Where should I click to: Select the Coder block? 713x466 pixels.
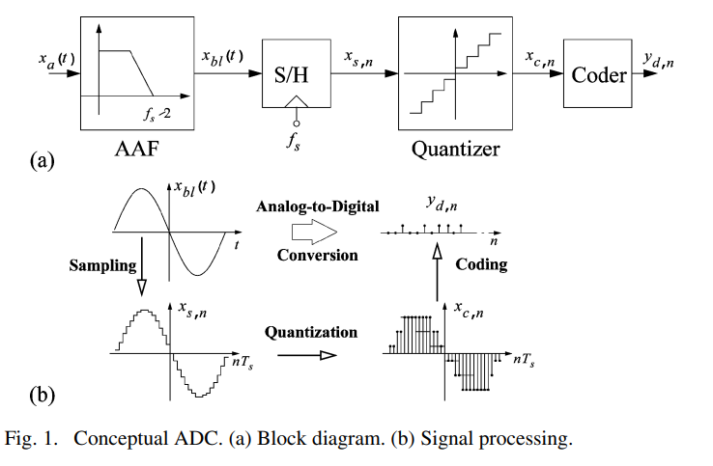[x=599, y=73]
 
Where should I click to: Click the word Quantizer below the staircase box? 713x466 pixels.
[x=455, y=150]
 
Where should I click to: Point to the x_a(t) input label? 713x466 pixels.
[x=52, y=60]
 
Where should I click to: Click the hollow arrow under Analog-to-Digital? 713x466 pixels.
[x=315, y=232]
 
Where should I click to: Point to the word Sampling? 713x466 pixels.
[x=100, y=265]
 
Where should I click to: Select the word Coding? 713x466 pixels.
[x=480, y=265]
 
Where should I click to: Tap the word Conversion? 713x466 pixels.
[x=316, y=256]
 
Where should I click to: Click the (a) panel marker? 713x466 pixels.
[x=43, y=160]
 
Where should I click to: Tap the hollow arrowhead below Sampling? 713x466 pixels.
[x=142, y=287]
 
